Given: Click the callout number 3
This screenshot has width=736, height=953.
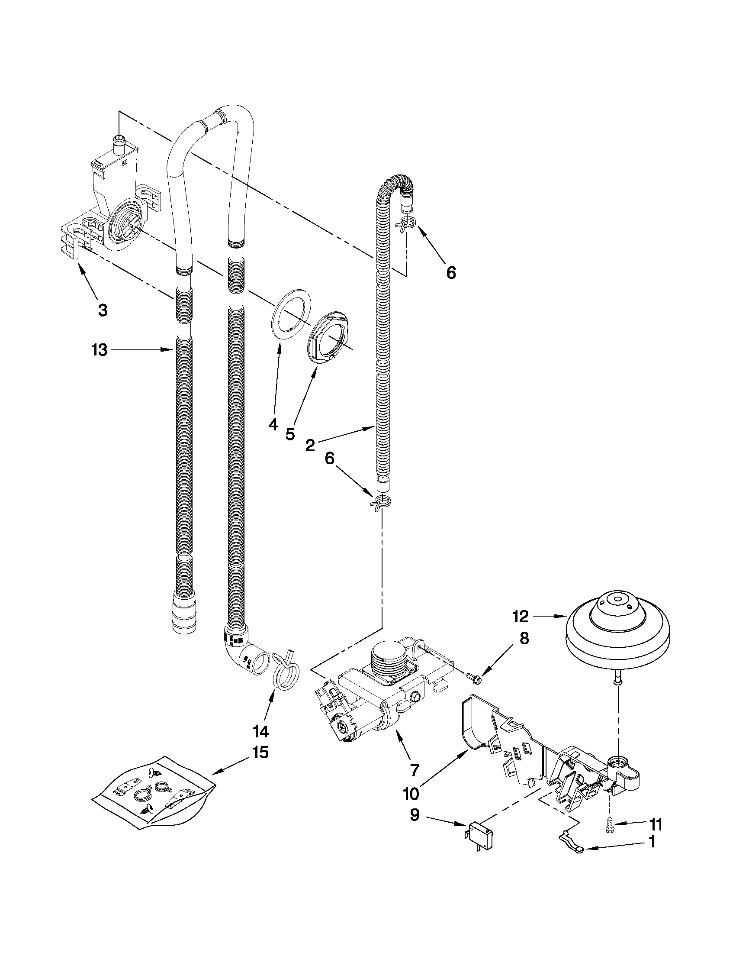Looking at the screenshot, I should pos(102,310).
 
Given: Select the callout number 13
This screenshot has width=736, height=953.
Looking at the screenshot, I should pos(100,349).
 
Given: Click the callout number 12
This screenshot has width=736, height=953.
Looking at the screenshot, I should pos(521,616).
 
